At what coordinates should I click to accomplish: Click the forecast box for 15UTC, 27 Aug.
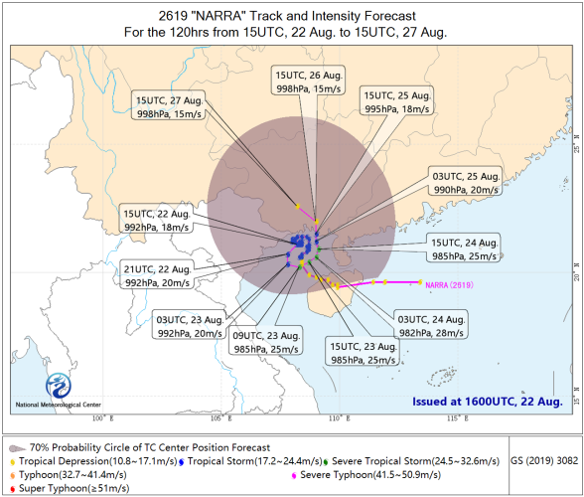[x=169, y=105]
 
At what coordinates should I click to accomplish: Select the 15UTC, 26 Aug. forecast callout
[x=308, y=81]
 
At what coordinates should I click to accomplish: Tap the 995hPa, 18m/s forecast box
[x=396, y=100]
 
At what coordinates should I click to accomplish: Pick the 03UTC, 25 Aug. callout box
[x=465, y=182]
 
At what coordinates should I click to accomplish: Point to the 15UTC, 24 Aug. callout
[x=464, y=248]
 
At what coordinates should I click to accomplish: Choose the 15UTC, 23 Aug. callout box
[x=363, y=352]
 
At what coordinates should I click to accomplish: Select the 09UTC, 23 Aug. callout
[x=265, y=341]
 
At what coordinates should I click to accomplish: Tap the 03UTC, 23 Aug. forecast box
[x=190, y=325]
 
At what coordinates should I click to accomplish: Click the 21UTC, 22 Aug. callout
[x=157, y=274]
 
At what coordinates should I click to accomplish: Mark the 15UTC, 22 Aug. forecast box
[x=157, y=219]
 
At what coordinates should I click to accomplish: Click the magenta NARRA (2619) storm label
[x=449, y=285]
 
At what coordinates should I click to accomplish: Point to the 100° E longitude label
[x=103, y=418]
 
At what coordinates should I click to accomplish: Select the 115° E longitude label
[x=457, y=418]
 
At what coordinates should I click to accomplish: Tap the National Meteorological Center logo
[x=59, y=386]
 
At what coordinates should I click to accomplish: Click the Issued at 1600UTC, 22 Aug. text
[x=487, y=402]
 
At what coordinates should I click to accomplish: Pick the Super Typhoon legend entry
[x=70, y=488]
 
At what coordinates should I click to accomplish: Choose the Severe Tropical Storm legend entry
[x=411, y=461]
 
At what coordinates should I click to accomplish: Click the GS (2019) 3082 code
[x=544, y=461]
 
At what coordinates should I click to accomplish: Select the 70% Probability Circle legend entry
[x=140, y=447]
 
